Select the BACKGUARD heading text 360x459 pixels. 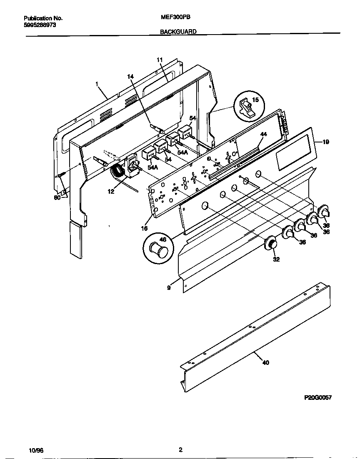178,31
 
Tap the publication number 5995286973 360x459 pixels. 40,25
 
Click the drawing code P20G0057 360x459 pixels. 318,397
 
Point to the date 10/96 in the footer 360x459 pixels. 36,451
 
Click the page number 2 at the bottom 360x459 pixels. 180,450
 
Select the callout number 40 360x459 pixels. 265,362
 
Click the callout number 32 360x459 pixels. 276,259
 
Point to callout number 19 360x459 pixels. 325,142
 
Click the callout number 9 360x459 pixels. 169,287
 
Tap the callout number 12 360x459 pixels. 111,192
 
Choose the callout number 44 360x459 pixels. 263,134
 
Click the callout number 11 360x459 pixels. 159,60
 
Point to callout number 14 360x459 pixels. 130,77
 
